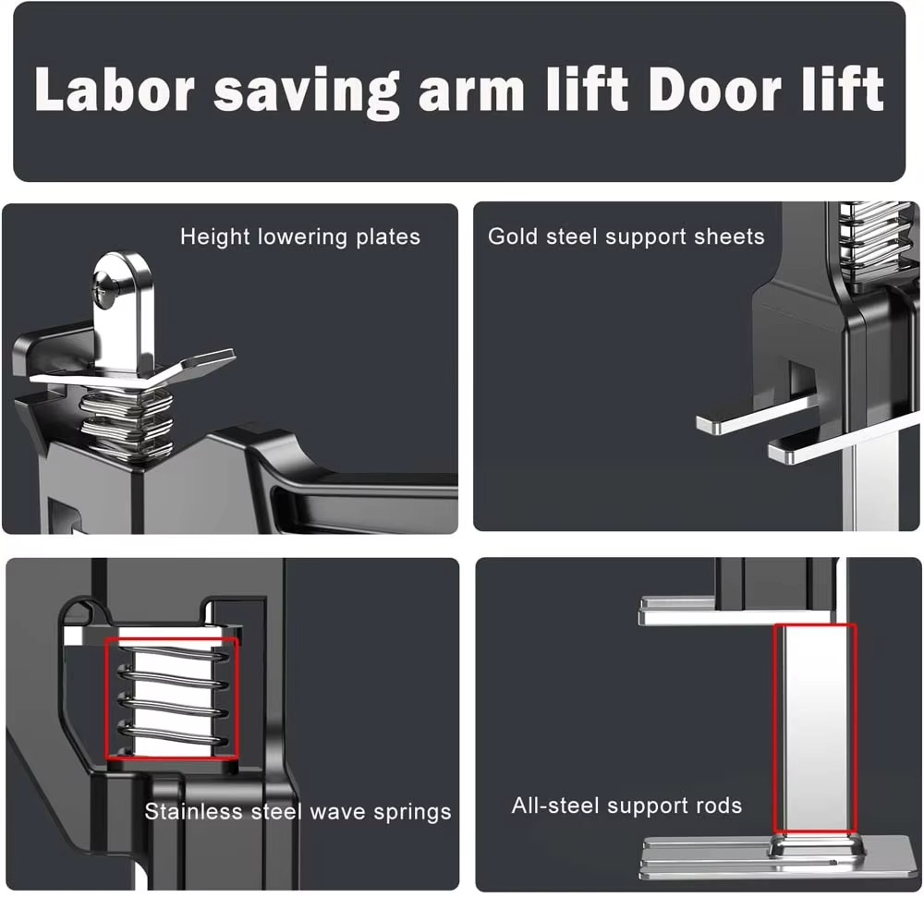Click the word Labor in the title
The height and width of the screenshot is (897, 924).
tap(115, 89)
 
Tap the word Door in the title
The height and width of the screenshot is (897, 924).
tap(715, 89)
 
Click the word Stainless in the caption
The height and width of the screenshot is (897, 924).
tap(194, 812)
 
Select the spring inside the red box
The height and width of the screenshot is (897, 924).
tap(172, 699)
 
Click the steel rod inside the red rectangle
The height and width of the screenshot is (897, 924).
tap(815, 728)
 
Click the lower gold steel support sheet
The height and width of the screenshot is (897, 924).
tap(844, 442)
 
